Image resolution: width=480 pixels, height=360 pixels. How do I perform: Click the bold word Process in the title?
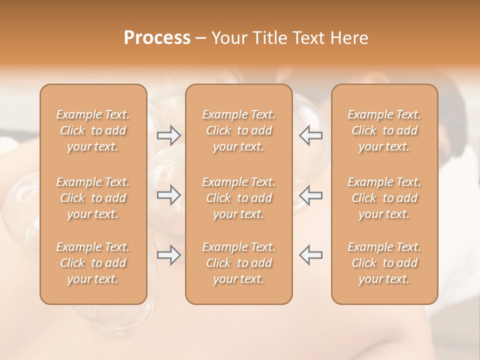coord(157,38)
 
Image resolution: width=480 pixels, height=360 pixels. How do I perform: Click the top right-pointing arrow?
coord(168,135)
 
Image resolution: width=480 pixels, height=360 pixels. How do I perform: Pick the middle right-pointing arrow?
coord(168,195)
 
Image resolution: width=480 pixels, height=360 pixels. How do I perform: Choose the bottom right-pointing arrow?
coord(168,255)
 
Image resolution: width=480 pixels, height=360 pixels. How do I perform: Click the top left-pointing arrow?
coord(310,135)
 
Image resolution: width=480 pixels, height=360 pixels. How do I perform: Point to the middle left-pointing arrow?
coord(310,195)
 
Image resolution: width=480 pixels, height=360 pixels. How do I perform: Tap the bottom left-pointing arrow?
coord(310,255)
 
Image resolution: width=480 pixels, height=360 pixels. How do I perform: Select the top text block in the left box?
coord(93,130)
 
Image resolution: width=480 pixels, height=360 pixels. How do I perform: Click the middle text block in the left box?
coord(93,198)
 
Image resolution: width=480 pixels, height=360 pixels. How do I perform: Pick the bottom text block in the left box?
coord(93,263)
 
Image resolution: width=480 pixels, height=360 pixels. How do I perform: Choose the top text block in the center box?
coord(238,130)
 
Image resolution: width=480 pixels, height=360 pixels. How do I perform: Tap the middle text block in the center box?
coord(238,198)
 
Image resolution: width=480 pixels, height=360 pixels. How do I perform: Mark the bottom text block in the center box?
coord(238,263)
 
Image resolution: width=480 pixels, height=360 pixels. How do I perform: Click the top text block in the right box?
coord(384,130)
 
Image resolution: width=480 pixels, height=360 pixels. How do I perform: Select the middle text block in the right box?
coord(384,198)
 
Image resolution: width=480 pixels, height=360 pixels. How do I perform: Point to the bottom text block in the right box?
coord(384,263)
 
